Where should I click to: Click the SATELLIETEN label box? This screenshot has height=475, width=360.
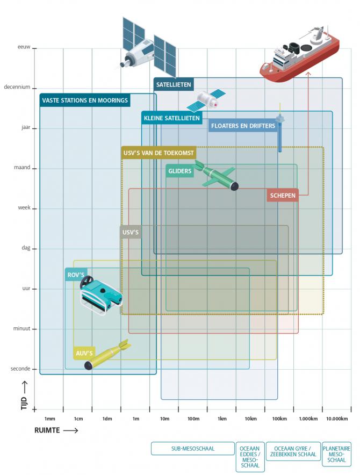(173, 84)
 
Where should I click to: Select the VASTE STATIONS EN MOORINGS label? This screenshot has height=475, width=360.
(85, 100)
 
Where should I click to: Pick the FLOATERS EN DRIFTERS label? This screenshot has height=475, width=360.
(243, 126)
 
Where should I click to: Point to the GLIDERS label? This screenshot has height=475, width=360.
(180, 171)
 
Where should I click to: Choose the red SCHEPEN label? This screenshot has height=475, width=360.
(283, 196)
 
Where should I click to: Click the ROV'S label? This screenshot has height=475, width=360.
(76, 275)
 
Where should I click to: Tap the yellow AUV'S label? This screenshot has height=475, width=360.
(84, 353)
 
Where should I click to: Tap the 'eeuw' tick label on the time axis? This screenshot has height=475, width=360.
(23, 48)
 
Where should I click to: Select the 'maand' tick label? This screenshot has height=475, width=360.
(21, 168)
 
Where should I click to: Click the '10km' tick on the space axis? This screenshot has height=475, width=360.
(250, 419)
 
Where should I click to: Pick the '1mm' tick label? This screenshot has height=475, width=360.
(49, 419)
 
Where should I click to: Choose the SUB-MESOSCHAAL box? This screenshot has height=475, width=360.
(192, 449)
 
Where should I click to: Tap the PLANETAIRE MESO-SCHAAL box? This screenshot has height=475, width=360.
(336, 454)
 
